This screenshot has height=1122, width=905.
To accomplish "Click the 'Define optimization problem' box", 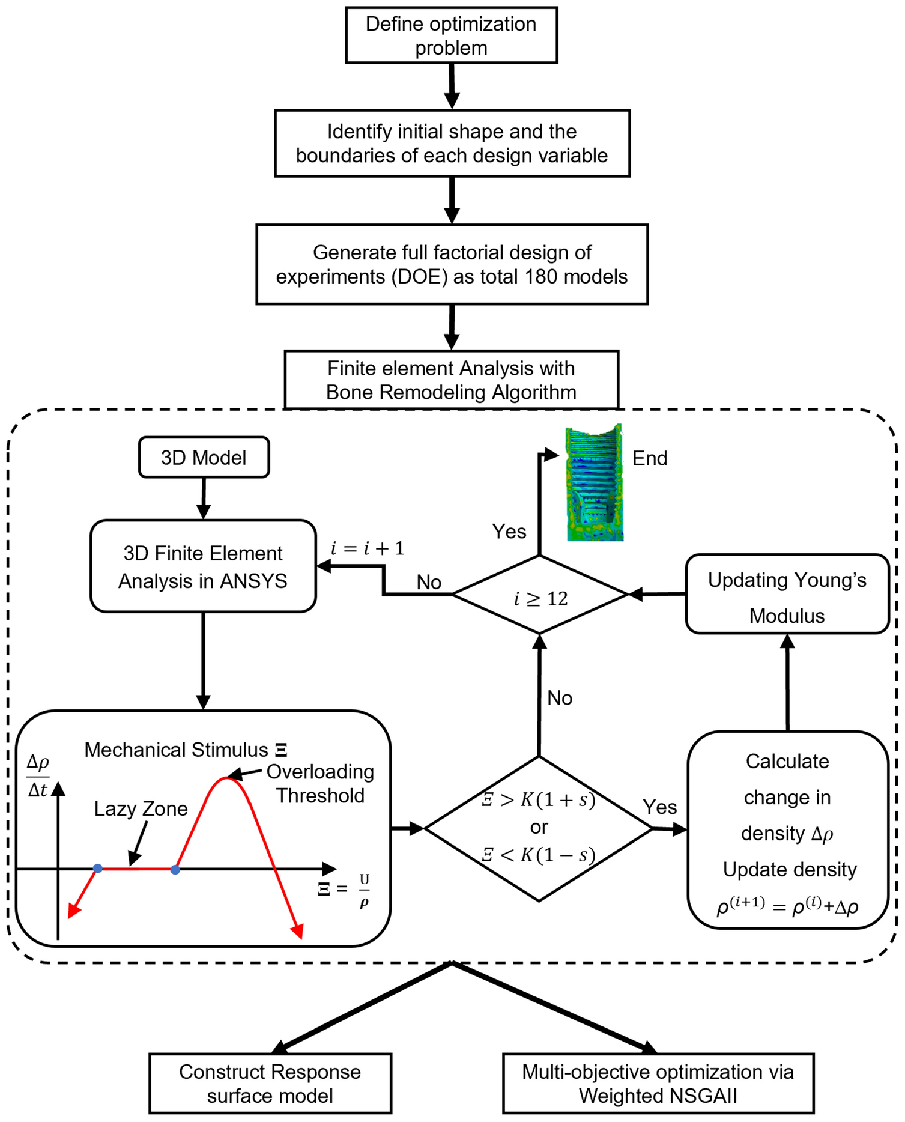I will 451,35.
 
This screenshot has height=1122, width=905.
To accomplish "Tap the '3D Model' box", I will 204,458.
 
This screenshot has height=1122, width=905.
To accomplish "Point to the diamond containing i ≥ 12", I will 540,595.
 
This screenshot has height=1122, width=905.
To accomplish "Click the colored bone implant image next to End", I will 595,484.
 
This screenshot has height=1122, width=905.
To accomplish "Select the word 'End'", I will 650,458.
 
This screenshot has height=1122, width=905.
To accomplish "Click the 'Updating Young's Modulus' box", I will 787,595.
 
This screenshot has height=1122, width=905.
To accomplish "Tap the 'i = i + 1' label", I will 368,548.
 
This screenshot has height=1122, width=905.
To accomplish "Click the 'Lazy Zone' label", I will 141,809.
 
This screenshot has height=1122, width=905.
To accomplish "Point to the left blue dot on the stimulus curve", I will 98,869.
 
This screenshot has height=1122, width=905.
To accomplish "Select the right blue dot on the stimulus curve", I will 175,869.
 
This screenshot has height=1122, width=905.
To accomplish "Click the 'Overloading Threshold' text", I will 320,784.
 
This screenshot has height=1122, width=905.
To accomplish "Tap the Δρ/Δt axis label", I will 38,775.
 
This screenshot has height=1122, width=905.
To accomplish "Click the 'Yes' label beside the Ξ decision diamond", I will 659,807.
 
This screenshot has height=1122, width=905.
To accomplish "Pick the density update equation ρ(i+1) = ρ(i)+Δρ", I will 787,906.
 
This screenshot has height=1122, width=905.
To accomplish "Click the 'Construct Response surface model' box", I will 270,1084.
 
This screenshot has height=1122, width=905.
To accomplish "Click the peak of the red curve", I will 226,778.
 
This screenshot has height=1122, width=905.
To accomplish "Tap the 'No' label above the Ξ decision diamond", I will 560,698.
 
